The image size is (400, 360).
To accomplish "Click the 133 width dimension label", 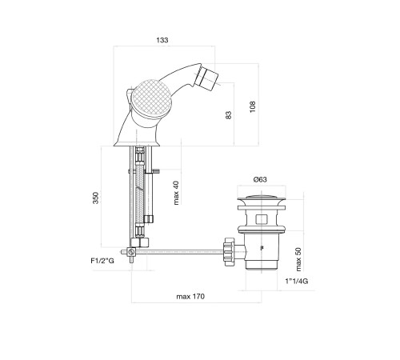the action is pos(162,40).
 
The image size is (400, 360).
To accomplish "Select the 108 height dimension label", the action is pos(253,106).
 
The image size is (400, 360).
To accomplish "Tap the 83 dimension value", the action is pos(229,115).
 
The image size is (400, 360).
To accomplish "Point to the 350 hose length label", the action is pos(96,198).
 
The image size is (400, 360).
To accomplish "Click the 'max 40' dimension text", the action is pos(176,193).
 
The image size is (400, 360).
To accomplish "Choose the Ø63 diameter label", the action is pos(260,179).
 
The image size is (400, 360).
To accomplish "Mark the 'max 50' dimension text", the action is pos(298,259).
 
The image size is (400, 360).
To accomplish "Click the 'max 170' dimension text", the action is pos(190,297).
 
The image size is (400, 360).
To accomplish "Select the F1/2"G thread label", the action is pos(102,261).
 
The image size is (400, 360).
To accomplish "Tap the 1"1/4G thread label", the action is pos(297,281).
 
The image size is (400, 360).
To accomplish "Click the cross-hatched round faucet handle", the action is pos(152,98).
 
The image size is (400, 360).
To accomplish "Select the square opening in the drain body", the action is pos(261,219).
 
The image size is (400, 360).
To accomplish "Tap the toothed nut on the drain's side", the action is pos(229,252).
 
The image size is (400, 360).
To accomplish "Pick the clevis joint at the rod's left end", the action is pos(130,252).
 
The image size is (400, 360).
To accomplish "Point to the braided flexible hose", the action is pos(139,192).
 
